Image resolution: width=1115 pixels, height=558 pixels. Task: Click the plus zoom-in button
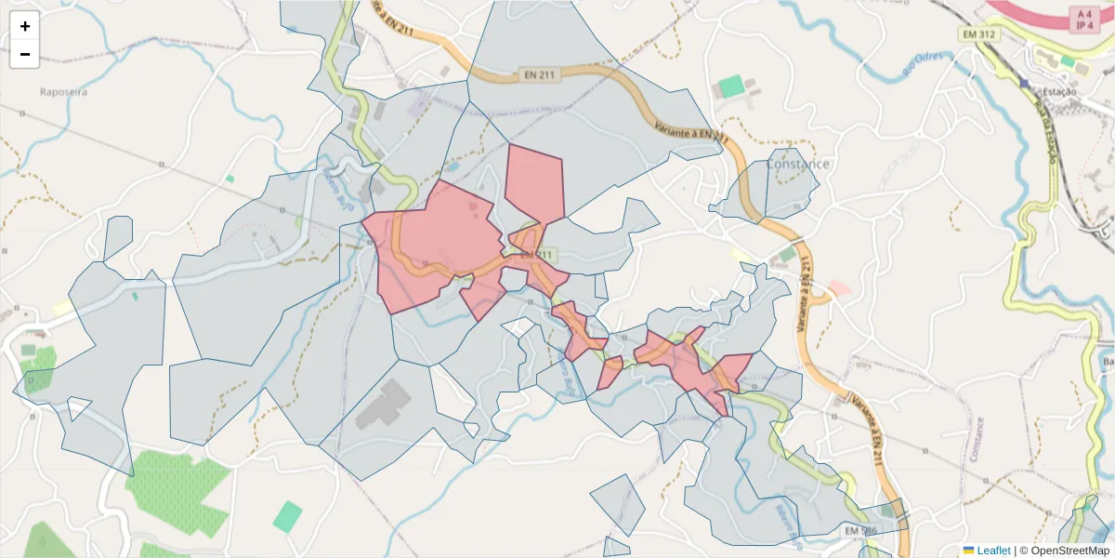tap(25, 26)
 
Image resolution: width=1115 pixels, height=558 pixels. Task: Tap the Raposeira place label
tap(62, 92)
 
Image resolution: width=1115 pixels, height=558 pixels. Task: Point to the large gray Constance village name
tap(797, 165)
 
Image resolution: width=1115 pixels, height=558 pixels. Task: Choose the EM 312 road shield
tap(979, 33)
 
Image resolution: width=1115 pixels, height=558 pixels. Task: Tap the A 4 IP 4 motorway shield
tap(1082, 19)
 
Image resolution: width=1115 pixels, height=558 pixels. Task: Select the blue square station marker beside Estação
tap(1024, 83)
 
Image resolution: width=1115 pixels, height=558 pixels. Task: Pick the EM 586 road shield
tap(859, 530)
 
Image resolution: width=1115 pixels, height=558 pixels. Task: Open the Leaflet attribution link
tap(993, 551)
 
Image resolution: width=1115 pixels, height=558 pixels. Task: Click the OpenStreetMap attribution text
tap(1070, 551)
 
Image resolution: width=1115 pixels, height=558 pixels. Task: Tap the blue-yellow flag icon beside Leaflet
tap(969, 551)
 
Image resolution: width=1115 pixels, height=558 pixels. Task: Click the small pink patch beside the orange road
tap(840, 288)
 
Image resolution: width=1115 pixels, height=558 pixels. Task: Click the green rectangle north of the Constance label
tap(731, 87)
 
